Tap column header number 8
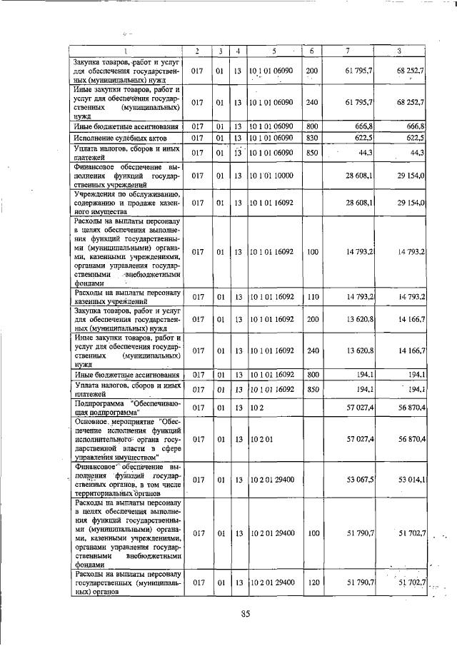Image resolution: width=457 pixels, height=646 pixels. (400, 51)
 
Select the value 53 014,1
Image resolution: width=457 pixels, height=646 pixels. (413, 479)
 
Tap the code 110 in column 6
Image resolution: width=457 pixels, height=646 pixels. (312, 296)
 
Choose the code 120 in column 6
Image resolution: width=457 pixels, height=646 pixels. (312, 583)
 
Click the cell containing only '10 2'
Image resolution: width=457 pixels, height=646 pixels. (257, 407)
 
